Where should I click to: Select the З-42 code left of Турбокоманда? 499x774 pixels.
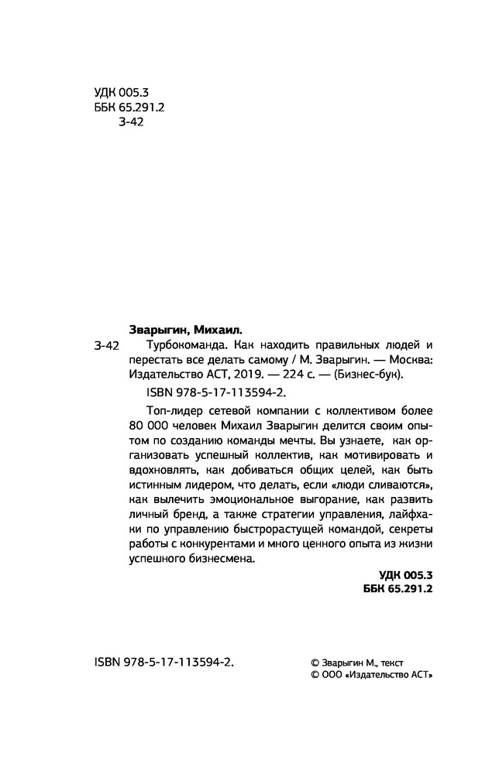coord(105,344)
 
